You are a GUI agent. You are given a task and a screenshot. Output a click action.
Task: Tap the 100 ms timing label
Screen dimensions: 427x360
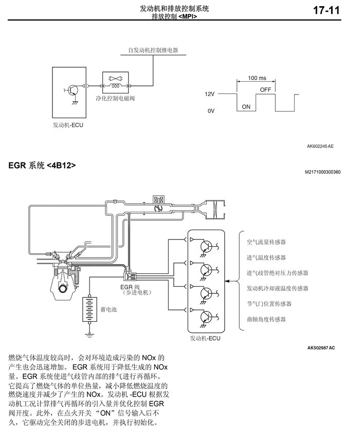[x=257, y=78]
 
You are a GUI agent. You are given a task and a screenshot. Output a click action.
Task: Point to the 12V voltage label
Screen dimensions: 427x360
[x=209, y=94]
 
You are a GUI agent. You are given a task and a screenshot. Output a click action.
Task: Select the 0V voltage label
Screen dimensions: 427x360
[x=210, y=111]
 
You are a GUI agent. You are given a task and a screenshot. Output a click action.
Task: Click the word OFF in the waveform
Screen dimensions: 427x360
[x=265, y=89]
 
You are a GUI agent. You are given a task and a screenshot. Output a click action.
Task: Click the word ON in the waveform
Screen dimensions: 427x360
[x=246, y=106]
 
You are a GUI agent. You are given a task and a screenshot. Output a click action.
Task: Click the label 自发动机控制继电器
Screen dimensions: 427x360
[x=153, y=50]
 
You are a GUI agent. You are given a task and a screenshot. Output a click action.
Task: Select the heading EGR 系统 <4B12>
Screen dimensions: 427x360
[x=42, y=165]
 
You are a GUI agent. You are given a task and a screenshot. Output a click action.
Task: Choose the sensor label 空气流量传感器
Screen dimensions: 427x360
[x=266, y=242]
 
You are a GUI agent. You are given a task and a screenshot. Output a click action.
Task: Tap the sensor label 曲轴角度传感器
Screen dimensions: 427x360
[x=266, y=319]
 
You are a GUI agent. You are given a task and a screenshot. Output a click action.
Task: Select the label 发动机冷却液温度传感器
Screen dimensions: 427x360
[x=277, y=288]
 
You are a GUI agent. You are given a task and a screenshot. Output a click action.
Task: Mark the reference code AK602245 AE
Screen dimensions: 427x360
[x=320, y=146]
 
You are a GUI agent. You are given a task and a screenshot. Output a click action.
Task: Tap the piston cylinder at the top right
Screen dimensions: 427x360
[x=214, y=209]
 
